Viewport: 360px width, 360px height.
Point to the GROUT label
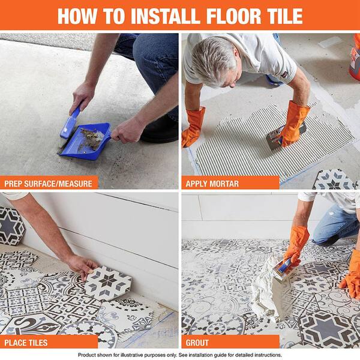pyautogui.click(x=197, y=343)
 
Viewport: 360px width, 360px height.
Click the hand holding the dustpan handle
pyautogui.click(x=128, y=128)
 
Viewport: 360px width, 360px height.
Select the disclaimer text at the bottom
pyautogui.click(x=180, y=355)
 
